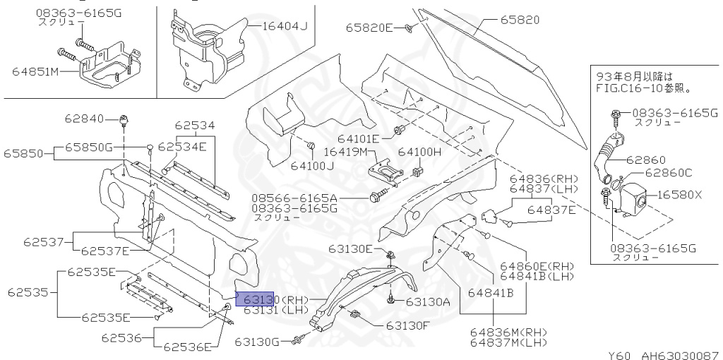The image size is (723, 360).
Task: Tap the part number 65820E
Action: pos(369,28)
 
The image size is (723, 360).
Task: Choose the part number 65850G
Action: pos(89,147)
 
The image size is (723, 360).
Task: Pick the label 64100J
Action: pos(312,167)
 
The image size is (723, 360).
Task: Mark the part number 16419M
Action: pos(347,152)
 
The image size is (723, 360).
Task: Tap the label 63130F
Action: pos(407,325)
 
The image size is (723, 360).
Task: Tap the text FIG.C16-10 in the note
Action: pos(627,90)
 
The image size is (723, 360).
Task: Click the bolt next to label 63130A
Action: pos(390,301)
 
